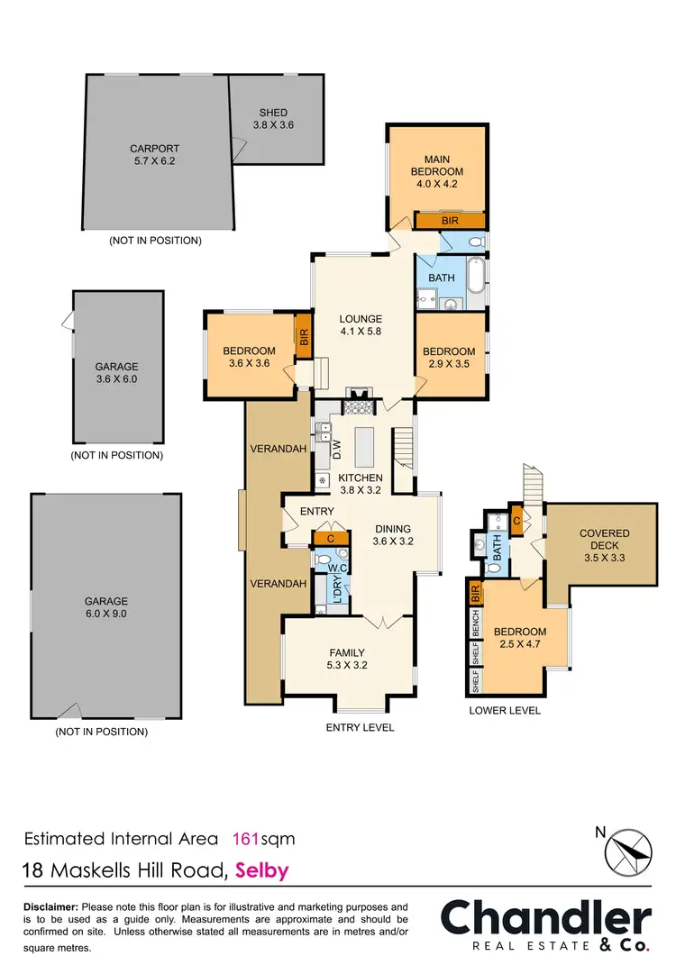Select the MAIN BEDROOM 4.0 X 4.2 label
point(437,171)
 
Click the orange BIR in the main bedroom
point(450,220)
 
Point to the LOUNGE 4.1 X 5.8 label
point(361,324)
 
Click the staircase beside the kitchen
point(403,449)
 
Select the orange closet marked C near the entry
point(331,538)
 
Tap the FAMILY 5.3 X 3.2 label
point(348,659)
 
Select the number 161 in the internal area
point(247,839)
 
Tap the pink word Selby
point(263,871)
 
